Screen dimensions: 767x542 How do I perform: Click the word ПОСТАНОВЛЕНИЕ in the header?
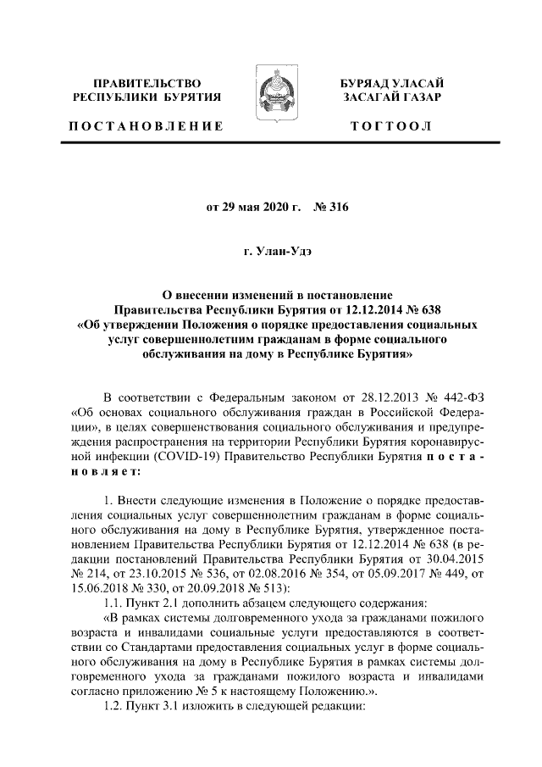pyautogui.click(x=147, y=126)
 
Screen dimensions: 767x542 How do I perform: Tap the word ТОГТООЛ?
pyautogui.click(x=390, y=126)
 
